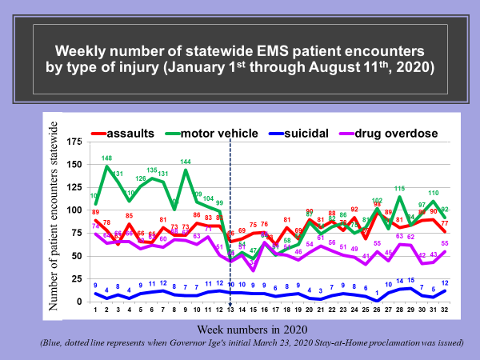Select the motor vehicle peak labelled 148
pyautogui.click(x=106, y=158)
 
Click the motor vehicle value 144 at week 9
pyautogui.click(x=186, y=162)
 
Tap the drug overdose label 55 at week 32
pyautogui.click(x=444, y=243)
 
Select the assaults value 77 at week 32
pyautogui.click(x=444, y=222)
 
